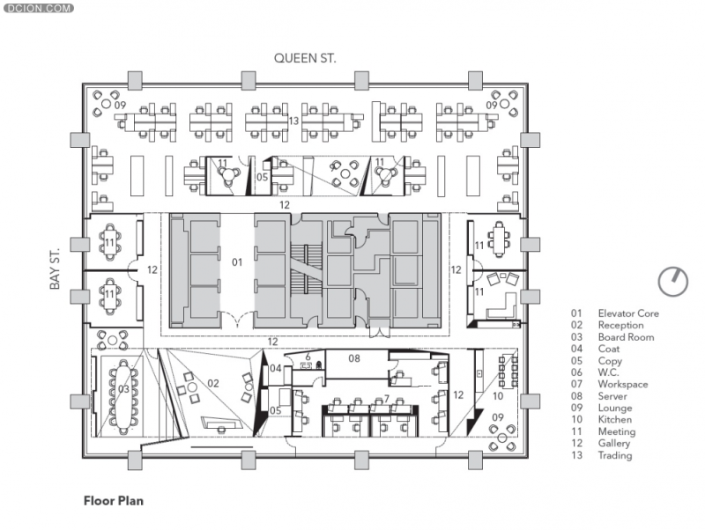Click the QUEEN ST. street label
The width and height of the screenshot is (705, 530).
point(305,58)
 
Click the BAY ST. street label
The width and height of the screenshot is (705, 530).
point(55,269)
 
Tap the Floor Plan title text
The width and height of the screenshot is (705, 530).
point(114,501)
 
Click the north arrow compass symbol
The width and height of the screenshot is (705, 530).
point(673,282)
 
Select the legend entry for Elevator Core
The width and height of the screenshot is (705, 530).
point(615,313)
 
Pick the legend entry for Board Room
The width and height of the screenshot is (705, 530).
point(612,337)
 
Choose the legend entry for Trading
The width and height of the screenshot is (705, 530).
point(602,455)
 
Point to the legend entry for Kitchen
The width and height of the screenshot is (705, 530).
point(602,419)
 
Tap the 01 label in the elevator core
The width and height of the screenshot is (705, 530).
point(237,261)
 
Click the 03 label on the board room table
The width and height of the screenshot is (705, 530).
point(123,389)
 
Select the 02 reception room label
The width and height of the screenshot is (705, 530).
point(213,383)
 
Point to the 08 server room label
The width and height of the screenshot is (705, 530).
point(354,358)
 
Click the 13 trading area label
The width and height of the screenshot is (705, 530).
point(293,121)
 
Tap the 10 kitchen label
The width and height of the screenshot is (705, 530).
point(498,396)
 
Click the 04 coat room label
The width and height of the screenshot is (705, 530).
point(276,368)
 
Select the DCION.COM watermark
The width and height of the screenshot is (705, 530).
point(38,8)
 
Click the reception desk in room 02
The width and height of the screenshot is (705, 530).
point(219,423)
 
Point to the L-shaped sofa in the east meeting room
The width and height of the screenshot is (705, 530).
point(502,306)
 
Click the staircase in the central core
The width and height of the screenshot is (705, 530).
point(307,270)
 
